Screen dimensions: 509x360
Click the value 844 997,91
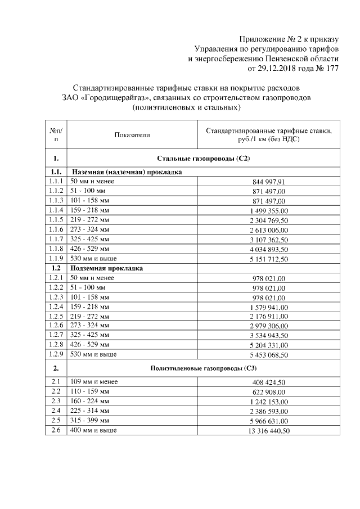tap(268, 182)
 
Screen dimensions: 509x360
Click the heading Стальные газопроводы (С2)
tap(204, 159)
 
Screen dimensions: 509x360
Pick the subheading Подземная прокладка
tap(106, 268)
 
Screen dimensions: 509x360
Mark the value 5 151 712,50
tap(268, 259)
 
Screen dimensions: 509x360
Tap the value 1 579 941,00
tap(268, 307)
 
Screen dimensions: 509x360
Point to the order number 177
tap(332, 69)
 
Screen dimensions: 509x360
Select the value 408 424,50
tap(268, 383)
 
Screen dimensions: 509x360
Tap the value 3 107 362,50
tap(268, 240)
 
